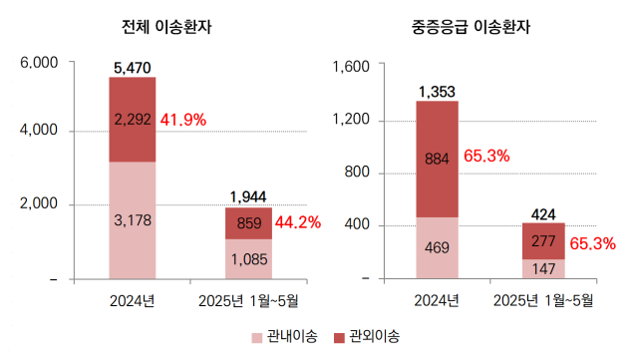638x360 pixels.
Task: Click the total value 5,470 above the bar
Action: tap(133, 68)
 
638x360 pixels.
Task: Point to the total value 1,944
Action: tap(248, 196)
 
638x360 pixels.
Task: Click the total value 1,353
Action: tap(438, 92)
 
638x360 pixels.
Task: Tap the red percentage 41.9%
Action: tap(182, 120)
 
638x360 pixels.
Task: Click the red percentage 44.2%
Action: tap(296, 222)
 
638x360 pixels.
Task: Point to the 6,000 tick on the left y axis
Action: tap(40, 63)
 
